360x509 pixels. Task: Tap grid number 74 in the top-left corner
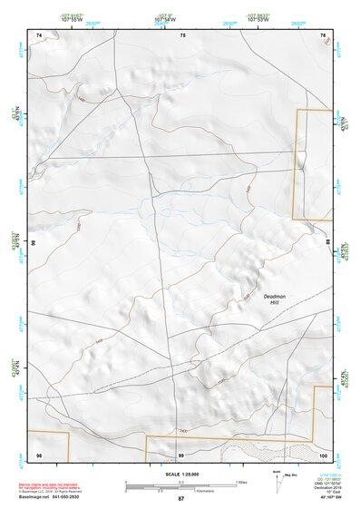pos(39,34)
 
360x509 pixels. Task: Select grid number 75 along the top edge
pos(182,34)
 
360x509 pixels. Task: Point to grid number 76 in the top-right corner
pos(323,34)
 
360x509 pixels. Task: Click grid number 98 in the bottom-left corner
pos(39,453)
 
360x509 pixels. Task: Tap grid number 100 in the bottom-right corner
pos(322,453)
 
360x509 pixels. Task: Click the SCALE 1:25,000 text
pos(180,475)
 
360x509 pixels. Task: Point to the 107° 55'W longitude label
pos(72,19)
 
